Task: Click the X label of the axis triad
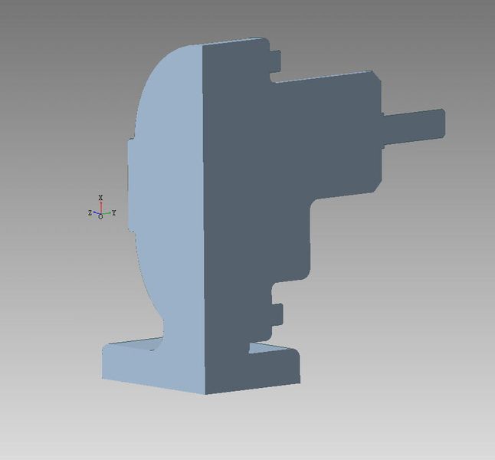click(100, 198)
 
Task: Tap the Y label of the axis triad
click(114, 212)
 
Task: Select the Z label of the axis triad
click(90, 213)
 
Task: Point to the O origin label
click(100, 217)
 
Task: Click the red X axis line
click(101, 208)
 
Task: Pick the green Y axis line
click(106, 213)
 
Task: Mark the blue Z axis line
click(97, 212)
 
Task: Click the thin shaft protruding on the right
click(414, 127)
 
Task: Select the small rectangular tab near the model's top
click(275, 61)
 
